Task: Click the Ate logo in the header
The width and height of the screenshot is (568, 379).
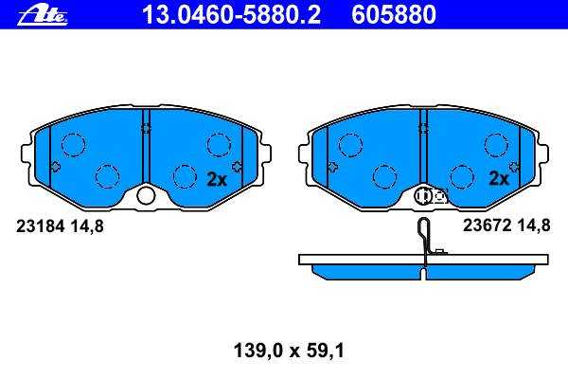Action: pos(43,16)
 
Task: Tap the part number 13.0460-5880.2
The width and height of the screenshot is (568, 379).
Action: pos(232,15)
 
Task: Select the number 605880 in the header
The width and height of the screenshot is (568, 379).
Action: pos(394,15)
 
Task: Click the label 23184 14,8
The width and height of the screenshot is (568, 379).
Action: pos(60,226)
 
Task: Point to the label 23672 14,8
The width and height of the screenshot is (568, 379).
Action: pos(506,226)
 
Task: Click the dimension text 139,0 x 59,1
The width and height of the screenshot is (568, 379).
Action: pos(289,351)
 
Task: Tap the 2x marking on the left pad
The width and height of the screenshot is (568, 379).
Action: pos(217,179)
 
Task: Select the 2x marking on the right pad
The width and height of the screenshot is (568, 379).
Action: pos(499,178)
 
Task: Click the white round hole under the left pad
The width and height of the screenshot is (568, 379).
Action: pos(146,196)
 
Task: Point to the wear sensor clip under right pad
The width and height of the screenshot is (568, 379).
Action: pos(431,196)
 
